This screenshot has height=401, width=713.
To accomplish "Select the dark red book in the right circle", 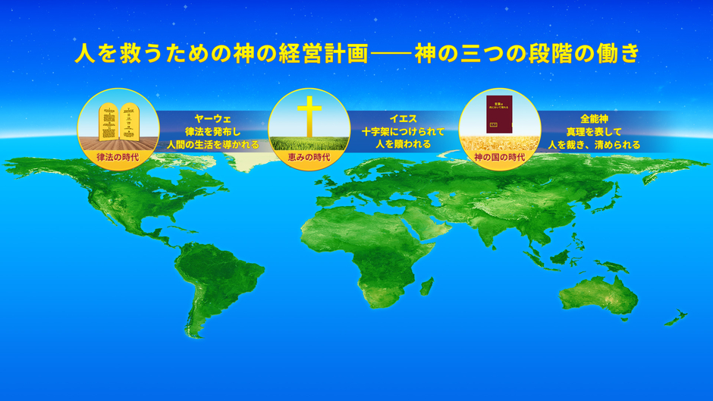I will pos(499,117).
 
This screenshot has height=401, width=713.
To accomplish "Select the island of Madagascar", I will pos(426,289).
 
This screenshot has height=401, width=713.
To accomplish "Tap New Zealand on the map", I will pos(675,318).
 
